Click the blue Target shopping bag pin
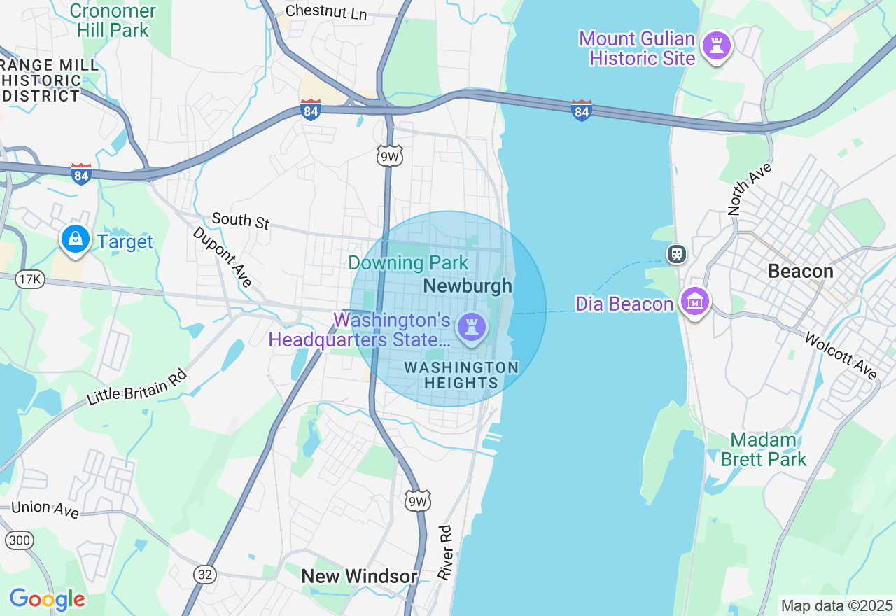(75, 239)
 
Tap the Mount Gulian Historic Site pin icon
(716, 46)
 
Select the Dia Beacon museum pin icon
(695, 302)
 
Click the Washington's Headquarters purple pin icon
(472, 327)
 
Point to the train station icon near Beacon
(676, 253)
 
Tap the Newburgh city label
(468, 286)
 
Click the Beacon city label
(801, 271)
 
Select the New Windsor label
(359, 576)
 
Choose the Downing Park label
(408, 263)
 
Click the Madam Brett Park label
(764, 449)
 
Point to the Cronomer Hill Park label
(113, 20)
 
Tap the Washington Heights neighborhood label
(461, 375)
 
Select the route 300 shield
(19, 540)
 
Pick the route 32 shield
(204, 574)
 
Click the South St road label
(240, 220)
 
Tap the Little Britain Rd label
(137, 387)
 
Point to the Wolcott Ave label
(841, 356)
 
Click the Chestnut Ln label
(326, 12)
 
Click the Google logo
(47, 599)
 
